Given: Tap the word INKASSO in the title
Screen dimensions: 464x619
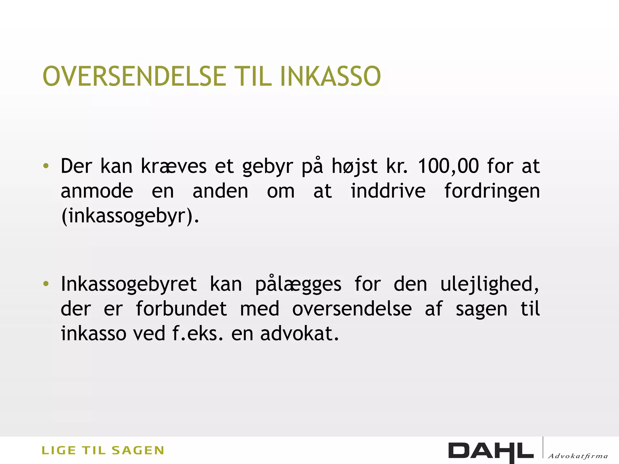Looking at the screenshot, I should (x=330, y=76).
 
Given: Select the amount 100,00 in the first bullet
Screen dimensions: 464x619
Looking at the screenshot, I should (x=449, y=166).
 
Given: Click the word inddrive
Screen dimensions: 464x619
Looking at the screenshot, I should (x=388, y=191).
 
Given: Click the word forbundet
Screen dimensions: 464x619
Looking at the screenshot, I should (x=181, y=309).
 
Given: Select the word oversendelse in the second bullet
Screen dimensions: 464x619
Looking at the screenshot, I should (x=352, y=309).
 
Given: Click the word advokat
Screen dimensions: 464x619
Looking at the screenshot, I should (x=299, y=333).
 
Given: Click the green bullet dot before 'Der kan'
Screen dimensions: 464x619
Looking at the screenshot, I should (x=46, y=166).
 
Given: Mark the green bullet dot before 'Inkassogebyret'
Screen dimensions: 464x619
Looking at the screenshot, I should (x=46, y=284).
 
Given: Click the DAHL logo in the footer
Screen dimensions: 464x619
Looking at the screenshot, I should (x=491, y=452).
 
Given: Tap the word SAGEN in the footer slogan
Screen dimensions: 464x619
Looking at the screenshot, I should (x=138, y=450).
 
